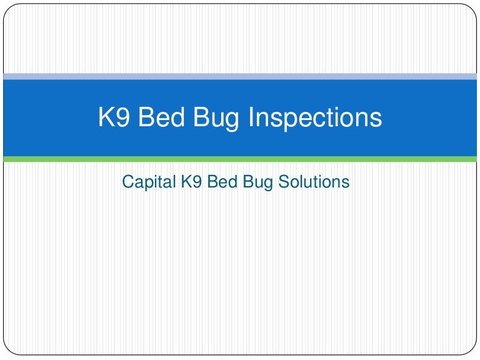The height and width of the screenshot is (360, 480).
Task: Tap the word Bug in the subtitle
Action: coord(255,182)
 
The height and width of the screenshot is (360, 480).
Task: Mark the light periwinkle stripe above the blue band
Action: coord(240,76)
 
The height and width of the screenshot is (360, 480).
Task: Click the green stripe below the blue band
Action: coord(240,159)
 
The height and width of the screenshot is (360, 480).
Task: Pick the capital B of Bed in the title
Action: coord(145,117)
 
